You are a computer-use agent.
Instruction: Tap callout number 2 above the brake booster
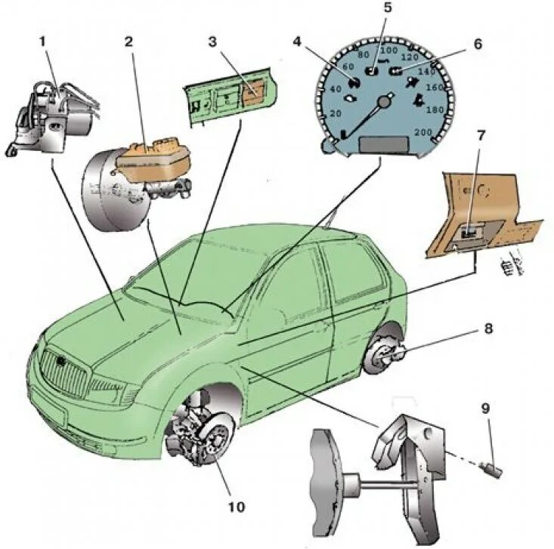[x=128, y=41]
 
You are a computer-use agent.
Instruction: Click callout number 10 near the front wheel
[x=237, y=507]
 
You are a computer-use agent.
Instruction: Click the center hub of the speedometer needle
[x=386, y=100]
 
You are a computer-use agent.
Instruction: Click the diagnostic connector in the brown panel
[x=470, y=235]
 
